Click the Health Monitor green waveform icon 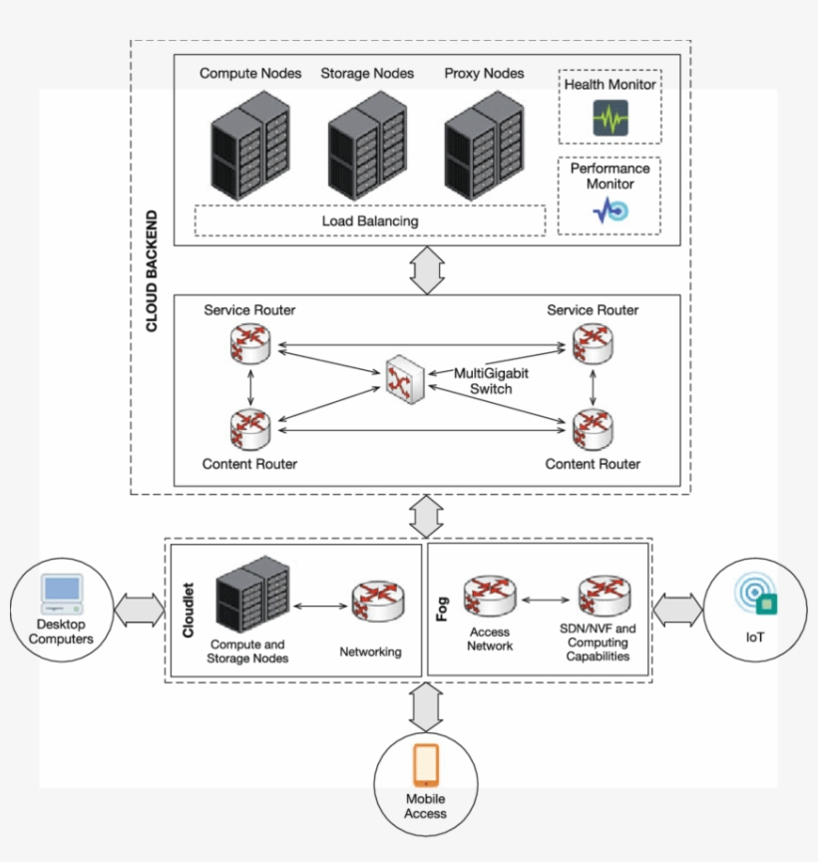(610, 118)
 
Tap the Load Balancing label (369, 220)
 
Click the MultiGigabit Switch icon (404, 376)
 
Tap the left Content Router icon (249, 429)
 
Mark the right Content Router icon (593, 429)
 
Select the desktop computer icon (61, 595)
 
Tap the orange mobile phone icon (426, 766)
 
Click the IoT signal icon (755, 596)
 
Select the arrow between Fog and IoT (678, 609)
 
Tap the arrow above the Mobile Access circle (426, 707)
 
